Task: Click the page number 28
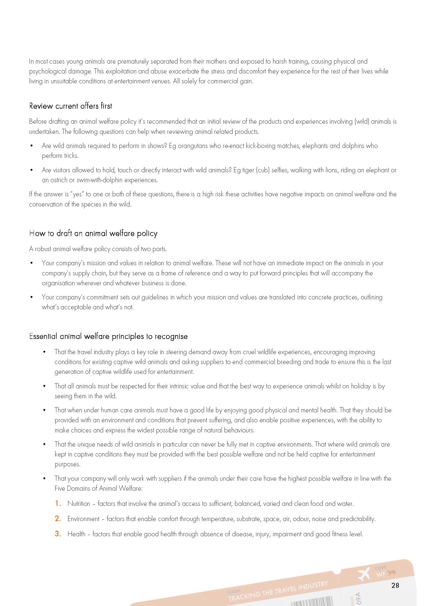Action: pos(395,585)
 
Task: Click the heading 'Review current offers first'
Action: pos(70,106)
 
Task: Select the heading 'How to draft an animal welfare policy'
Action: pos(93,233)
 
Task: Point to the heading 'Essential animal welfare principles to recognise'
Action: pos(108,336)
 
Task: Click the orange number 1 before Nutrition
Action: pos(58,503)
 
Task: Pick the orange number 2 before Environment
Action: pos(58,519)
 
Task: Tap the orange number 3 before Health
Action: pos(58,534)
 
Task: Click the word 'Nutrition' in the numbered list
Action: pos(79,504)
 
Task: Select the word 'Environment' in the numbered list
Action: pos(83,519)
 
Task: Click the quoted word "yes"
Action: pos(77,194)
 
